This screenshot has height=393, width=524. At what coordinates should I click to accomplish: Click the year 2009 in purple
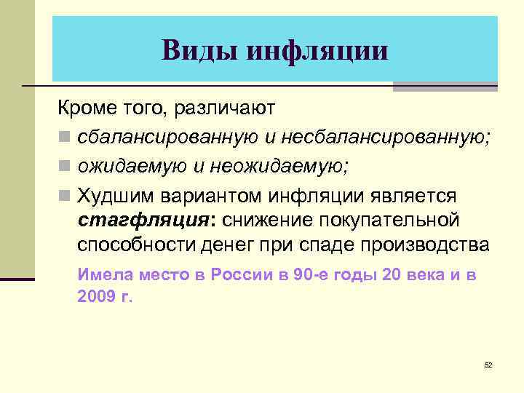[x=95, y=297]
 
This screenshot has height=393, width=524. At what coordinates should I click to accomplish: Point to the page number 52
[x=488, y=364]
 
